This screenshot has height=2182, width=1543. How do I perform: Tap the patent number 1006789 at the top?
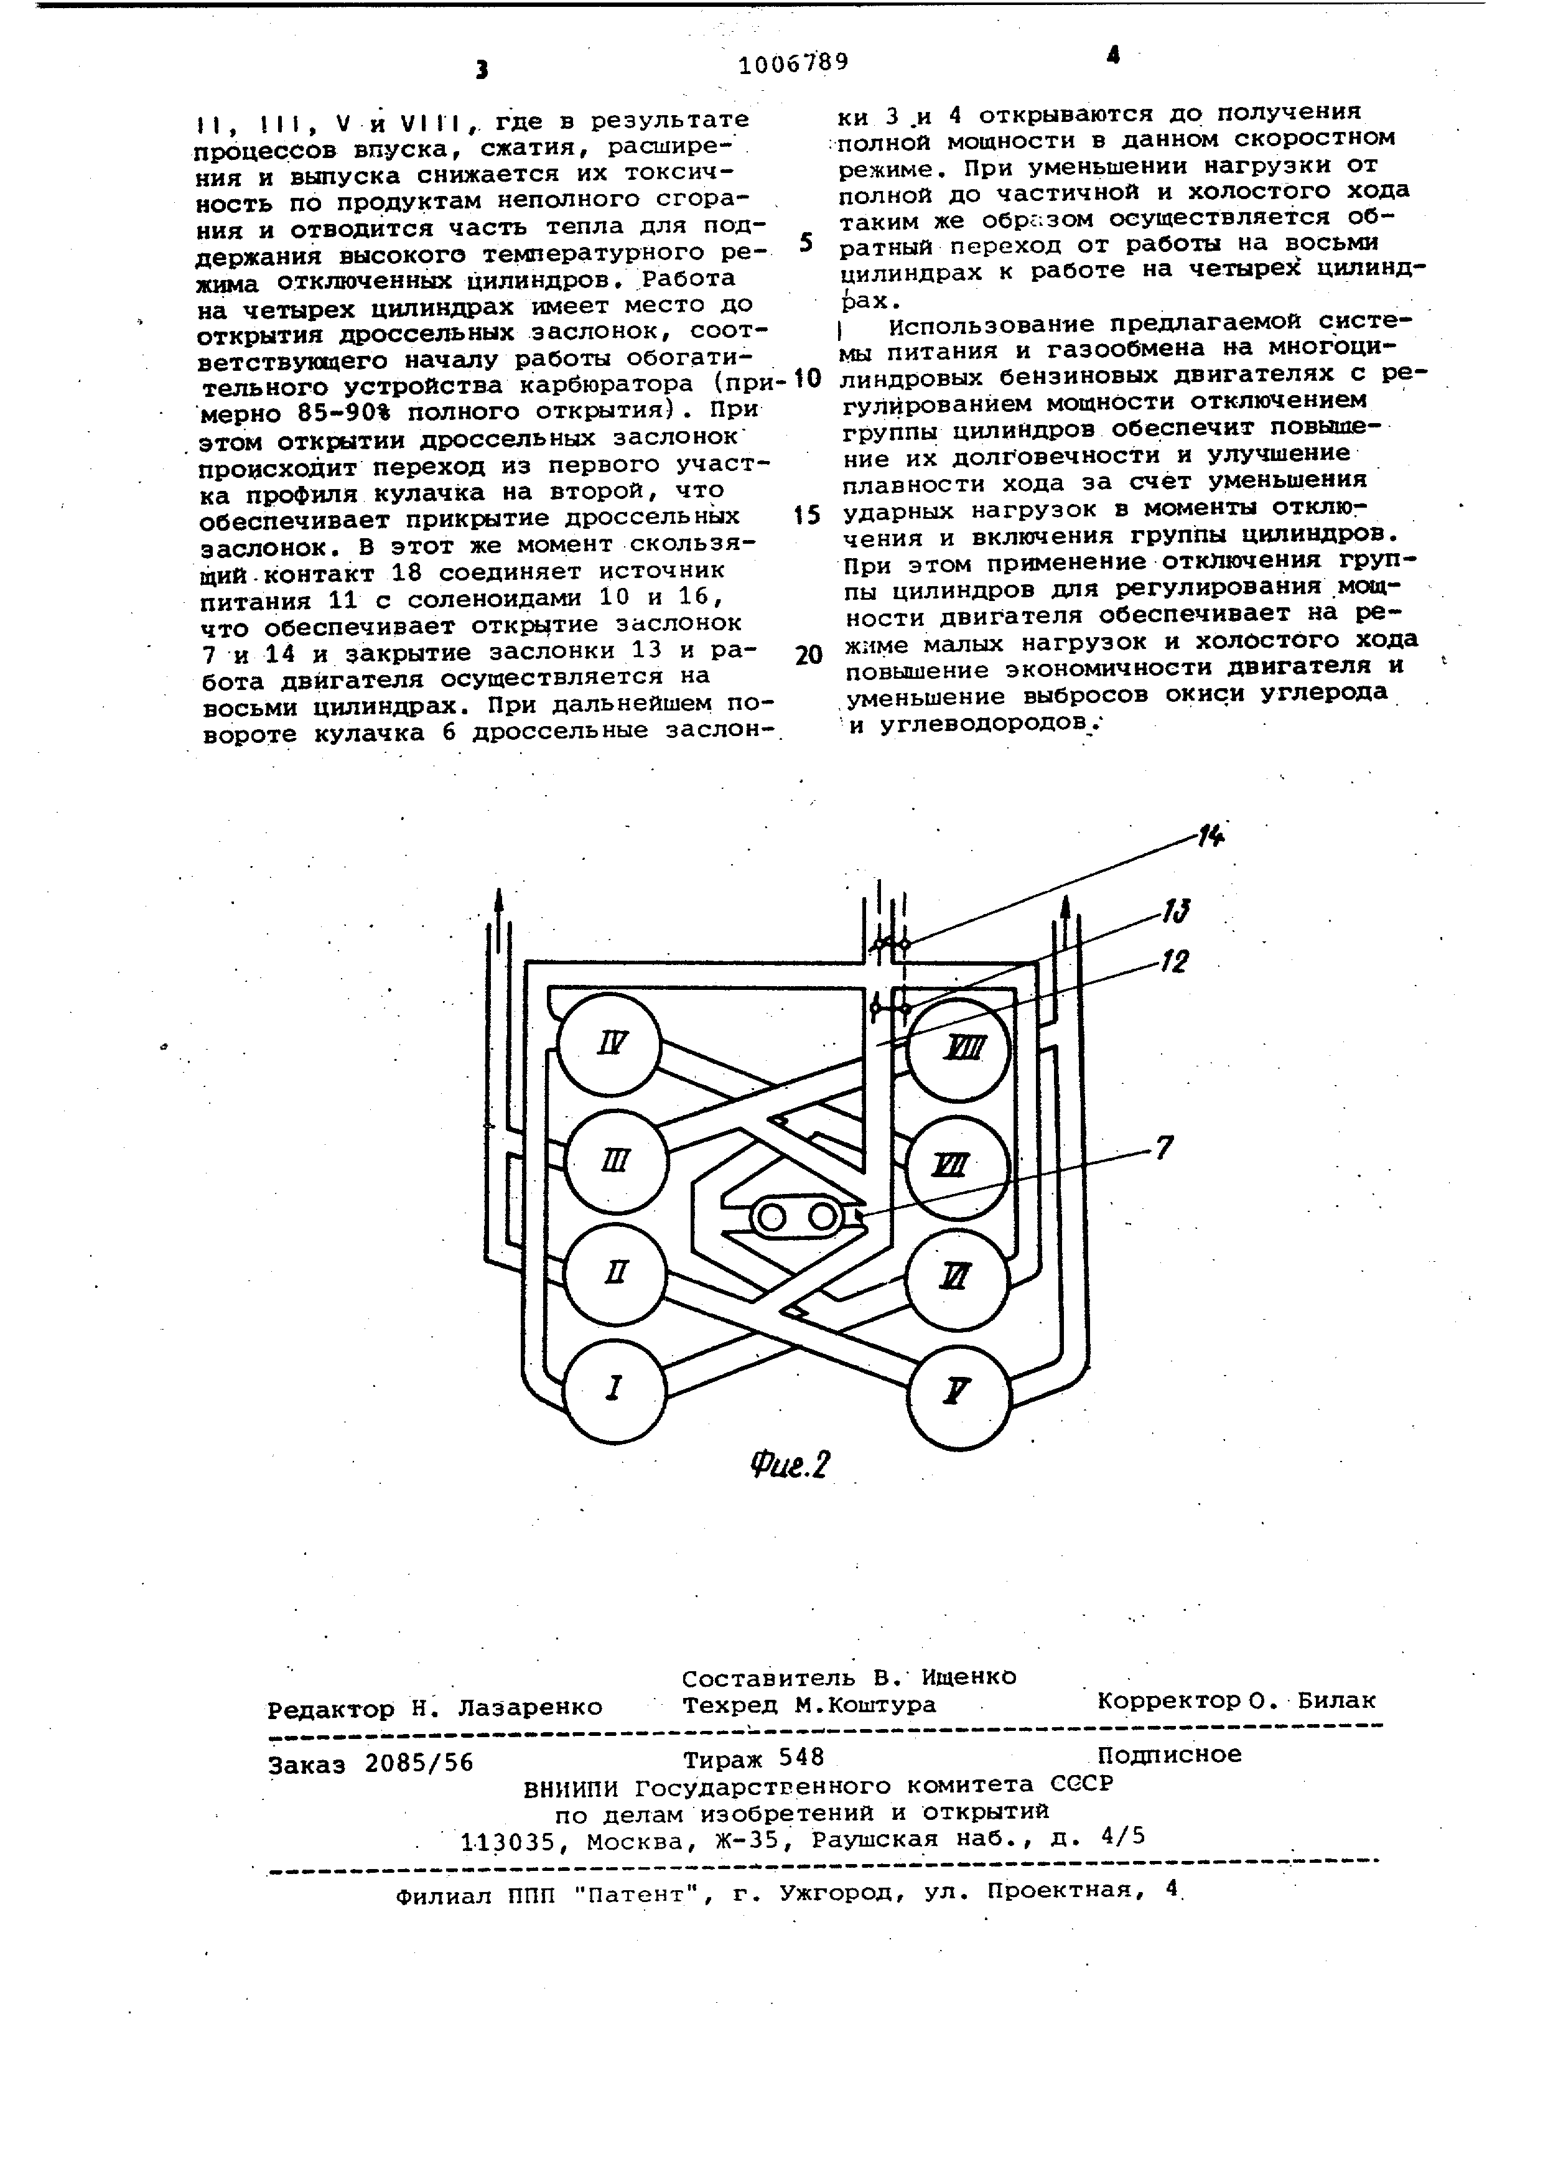[x=793, y=63]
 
